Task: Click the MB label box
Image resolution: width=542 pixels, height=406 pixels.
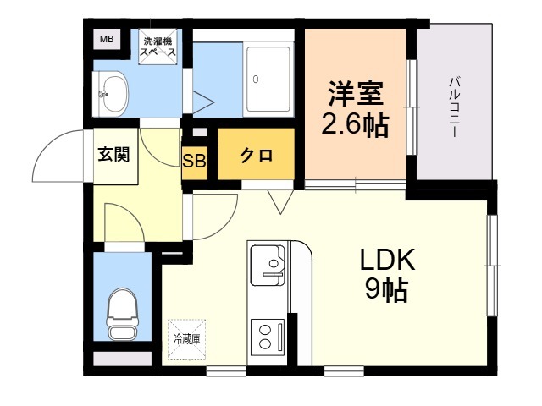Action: pyautogui.click(x=107, y=39)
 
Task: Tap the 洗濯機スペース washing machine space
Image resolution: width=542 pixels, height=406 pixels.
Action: pyautogui.click(x=159, y=47)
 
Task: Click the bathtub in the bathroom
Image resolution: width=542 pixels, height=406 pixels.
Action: pyautogui.click(x=269, y=79)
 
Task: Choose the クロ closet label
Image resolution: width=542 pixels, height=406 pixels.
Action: pyautogui.click(x=256, y=156)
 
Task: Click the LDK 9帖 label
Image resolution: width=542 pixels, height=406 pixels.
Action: pyautogui.click(x=385, y=275)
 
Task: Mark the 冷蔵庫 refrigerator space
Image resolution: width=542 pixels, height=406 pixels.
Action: pyautogui.click(x=185, y=338)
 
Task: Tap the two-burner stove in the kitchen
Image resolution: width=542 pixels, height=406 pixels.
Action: pyautogui.click(x=269, y=336)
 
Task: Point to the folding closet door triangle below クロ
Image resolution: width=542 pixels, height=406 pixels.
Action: pyautogui.click(x=279, y=201)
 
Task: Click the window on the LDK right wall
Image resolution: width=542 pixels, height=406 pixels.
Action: pyautogui.click(x=491, y=266)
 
